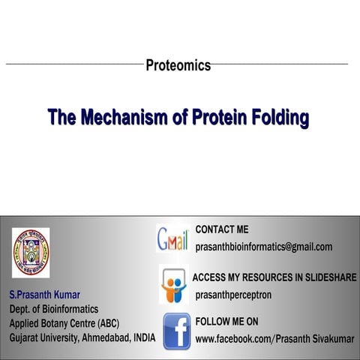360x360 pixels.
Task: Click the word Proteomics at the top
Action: (x=178, y=65)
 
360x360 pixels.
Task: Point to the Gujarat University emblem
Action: (x=31, y=253)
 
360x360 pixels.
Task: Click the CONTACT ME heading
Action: (x=221, y=229)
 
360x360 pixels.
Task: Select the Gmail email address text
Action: (x=263, y=247)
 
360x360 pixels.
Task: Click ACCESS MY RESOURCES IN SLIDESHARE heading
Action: (x=274, y=277)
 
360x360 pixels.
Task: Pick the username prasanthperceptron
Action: (x=233, y=295)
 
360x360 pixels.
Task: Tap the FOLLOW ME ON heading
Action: (x=226, y=322)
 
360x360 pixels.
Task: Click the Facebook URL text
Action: (x=274, y=339)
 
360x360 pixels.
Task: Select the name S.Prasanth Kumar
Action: (x=44, y=293)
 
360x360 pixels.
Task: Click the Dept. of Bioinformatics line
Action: (x=53, y=308)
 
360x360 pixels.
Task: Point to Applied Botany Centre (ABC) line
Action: (x=64, y=323)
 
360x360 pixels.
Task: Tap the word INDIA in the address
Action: (x=142, y=338)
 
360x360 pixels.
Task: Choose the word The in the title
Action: (x=60, y=118)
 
